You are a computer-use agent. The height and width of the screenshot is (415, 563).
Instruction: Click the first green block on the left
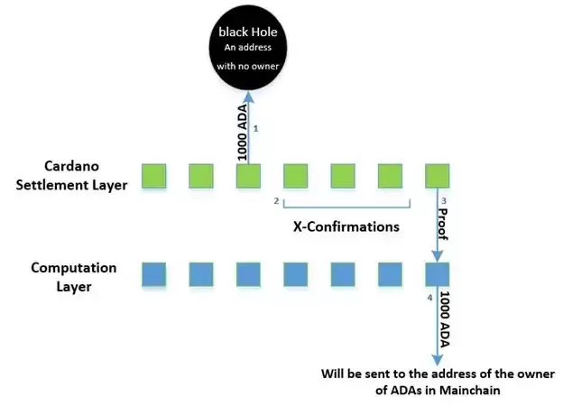point(154,176)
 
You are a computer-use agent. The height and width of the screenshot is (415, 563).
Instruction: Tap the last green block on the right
point(437,176)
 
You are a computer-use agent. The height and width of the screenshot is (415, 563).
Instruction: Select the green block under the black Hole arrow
point(248,176)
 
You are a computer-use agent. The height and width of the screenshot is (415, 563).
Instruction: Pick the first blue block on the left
point(154,274)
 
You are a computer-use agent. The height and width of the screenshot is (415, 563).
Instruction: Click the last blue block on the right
point(437,274)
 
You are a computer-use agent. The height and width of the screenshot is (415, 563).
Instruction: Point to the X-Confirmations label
point(346,227)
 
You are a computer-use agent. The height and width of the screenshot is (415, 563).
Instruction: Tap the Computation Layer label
point(74,275)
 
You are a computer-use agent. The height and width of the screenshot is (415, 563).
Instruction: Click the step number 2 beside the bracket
point(275,200)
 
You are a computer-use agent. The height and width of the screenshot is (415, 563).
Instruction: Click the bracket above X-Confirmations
point(347,204)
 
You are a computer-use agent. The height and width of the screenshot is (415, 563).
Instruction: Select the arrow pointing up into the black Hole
point(249,126)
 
